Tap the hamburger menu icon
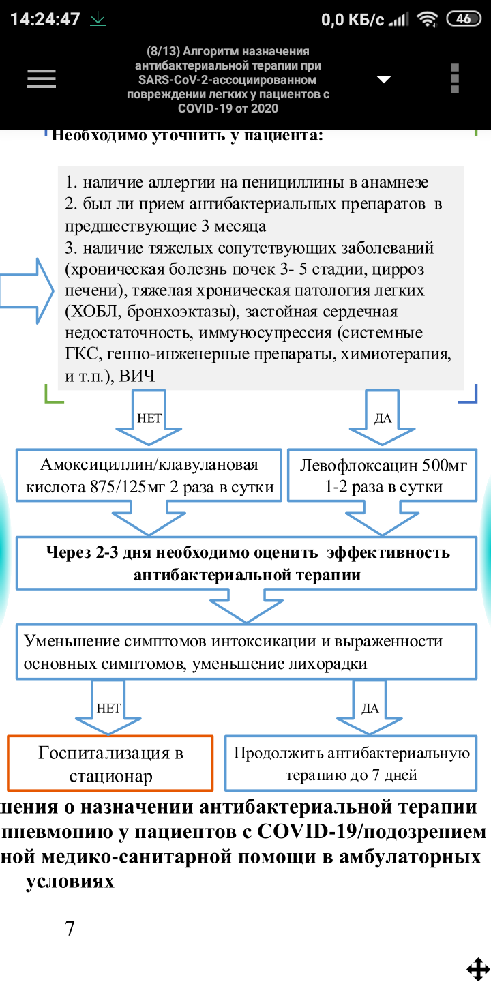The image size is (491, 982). pyautogui.click(x=41, y=79)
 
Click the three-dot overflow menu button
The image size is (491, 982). pyautogui.click(x=455, y=78)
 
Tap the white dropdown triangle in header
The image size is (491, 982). pyautogui.click(x=384, y=79)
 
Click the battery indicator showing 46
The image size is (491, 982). pyautogui.click(x=464, y=19)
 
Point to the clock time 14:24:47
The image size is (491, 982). pyautogui.click(x=45, y=19)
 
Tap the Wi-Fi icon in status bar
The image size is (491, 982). pyautogui.click(x=428, y=20)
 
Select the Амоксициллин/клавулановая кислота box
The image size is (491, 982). pyautogui.click(x=149, y=476)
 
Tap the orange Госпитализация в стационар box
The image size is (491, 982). pyautogui.click(x=111, y=764)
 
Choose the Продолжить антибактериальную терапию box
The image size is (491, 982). pyautogui.click(x=351, y=764)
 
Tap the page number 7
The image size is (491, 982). pyautogui.click(x=70, y=928)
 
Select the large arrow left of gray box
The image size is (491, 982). pyautogui.click(x=27, y=291)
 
